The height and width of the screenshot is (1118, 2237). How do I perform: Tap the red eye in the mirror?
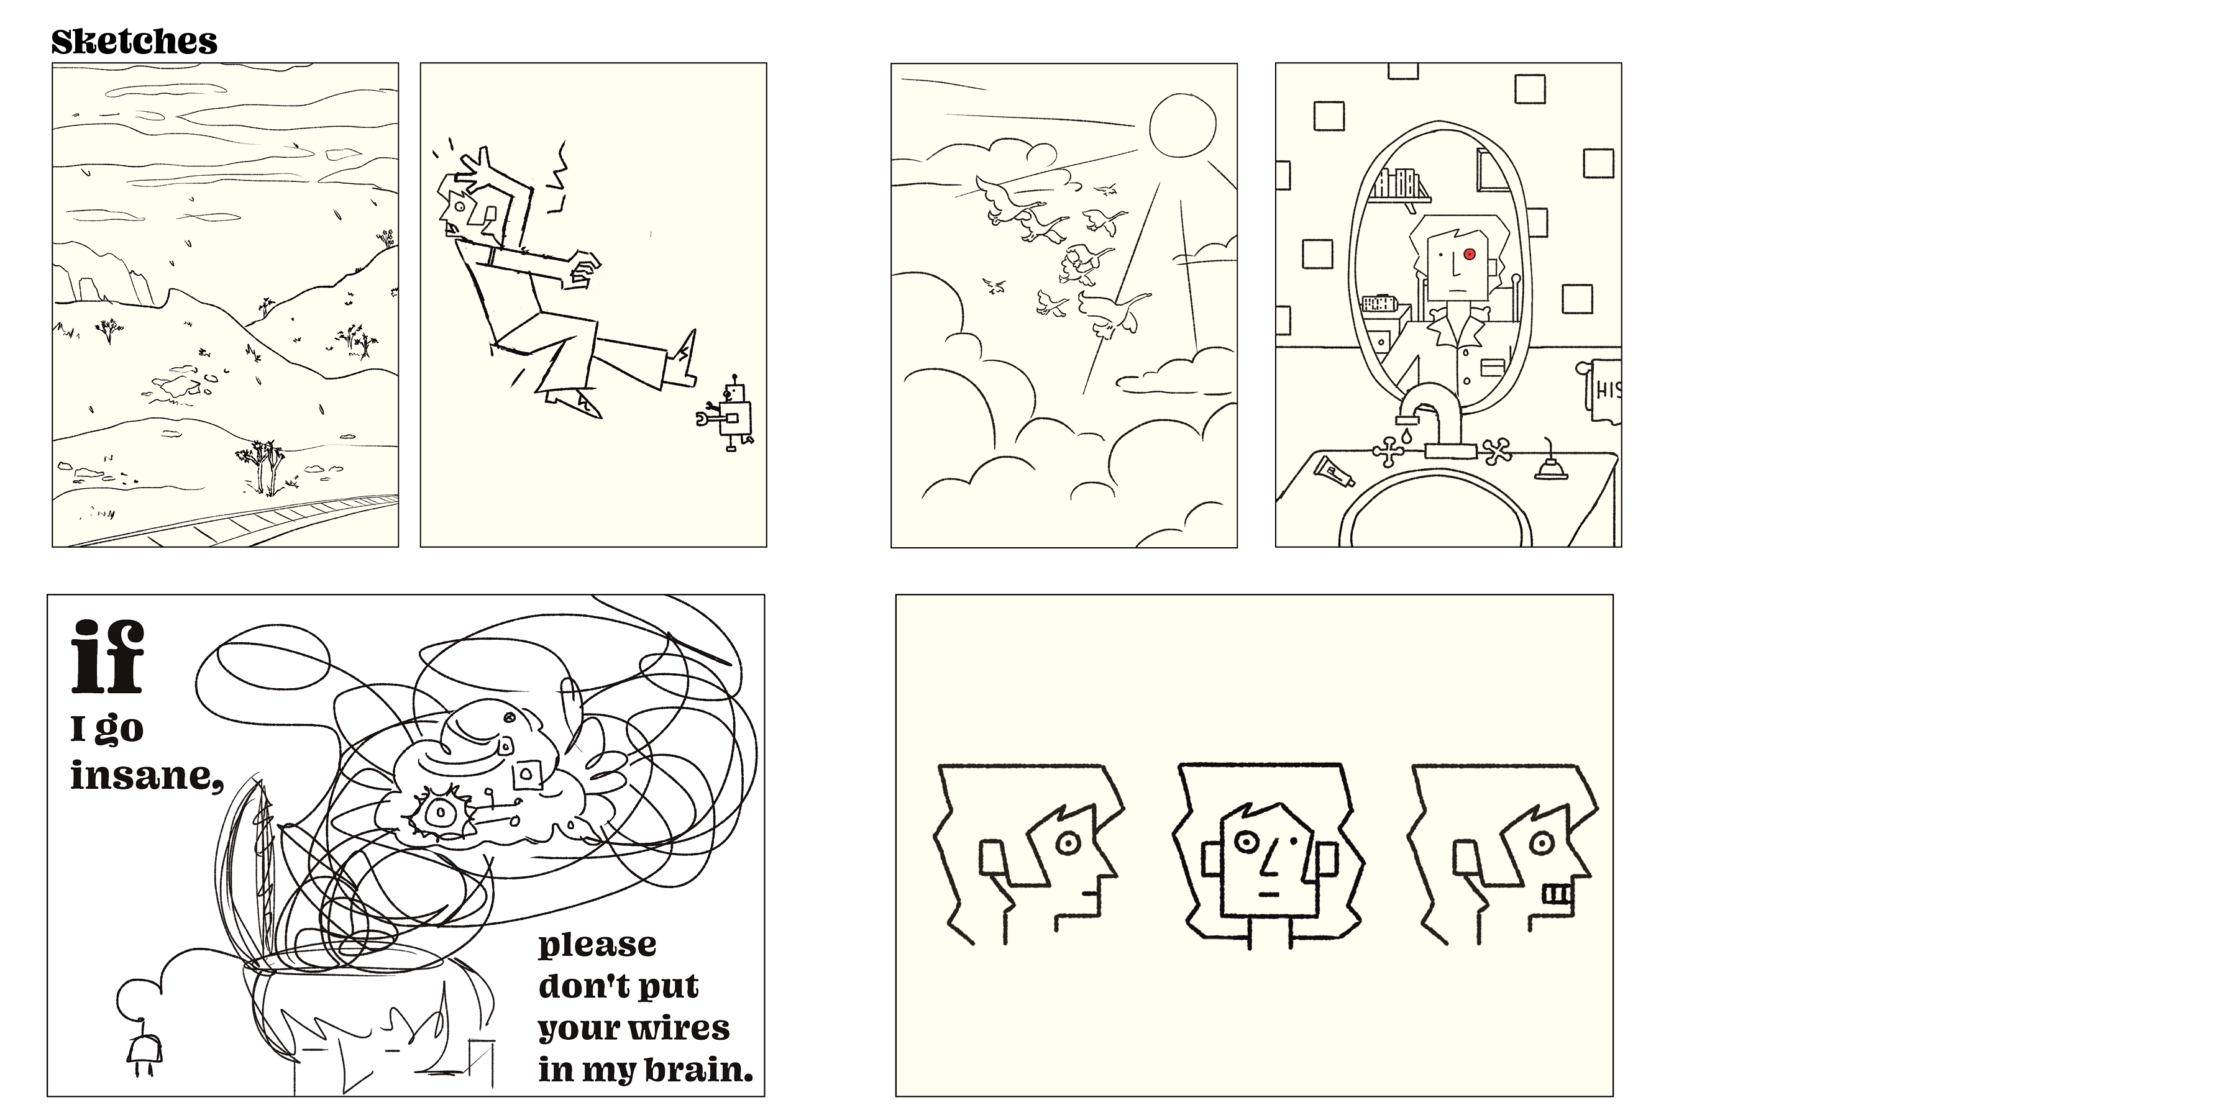click(x=1470, y=254)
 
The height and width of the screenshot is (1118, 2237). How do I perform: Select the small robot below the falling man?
click(x=727, y=415)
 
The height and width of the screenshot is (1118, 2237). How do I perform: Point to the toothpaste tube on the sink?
click(x=1335, y=470)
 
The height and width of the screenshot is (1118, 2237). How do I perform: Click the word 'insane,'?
click(x=146, y=775)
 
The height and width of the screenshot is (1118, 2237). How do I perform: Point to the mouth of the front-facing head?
click(x=1269, y=893)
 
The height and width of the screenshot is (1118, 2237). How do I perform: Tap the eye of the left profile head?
click(x=1068, y=842)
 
